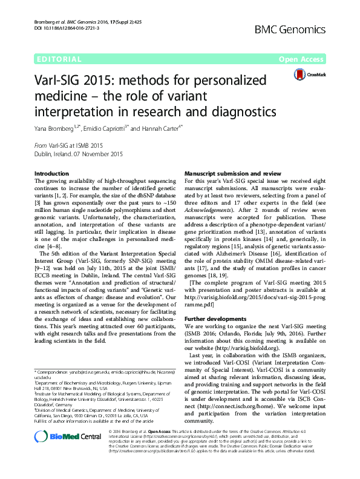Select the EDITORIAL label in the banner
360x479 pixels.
[x=59, y=59]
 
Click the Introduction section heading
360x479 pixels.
[x=52, y=174]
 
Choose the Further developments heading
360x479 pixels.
[x=215, y=318]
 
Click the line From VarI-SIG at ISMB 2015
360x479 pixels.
[x=69, y=146]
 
